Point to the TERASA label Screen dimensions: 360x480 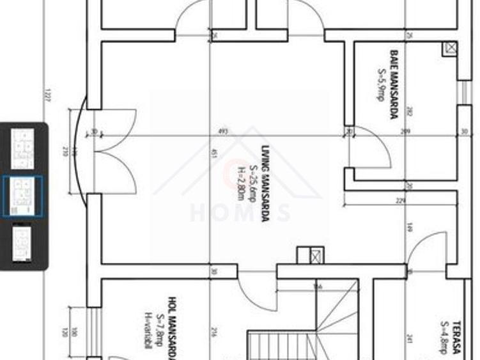456,337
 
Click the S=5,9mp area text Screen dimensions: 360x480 381,84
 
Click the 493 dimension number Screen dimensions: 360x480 223,131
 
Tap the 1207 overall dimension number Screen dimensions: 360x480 47,96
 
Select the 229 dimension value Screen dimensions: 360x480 401,201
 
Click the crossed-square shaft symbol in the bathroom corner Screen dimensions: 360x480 450,48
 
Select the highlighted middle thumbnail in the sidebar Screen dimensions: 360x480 24,196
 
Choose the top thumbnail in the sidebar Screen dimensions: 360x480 24,148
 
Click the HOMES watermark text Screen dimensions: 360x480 240,212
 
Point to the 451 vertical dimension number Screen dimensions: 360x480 214,153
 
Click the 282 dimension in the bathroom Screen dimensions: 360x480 409,111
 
